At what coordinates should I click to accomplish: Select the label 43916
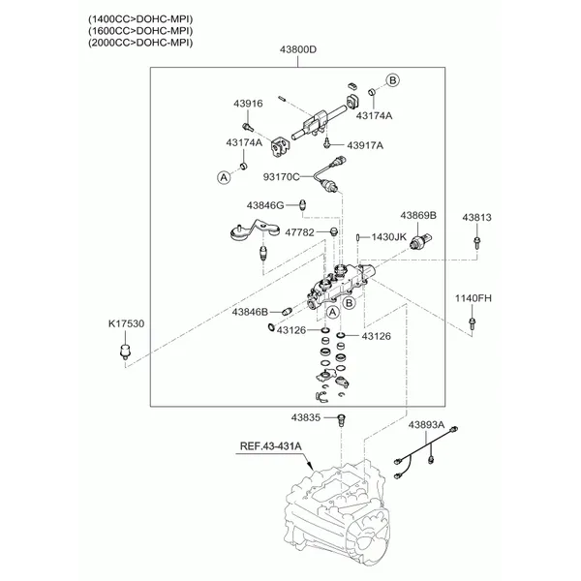click(247, 103)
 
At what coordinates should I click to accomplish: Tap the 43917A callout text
click(365, 145)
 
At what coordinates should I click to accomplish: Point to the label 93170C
click(282, 176)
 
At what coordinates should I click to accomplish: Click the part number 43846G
click(264, 205)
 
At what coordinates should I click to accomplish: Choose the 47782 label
click(299, 232)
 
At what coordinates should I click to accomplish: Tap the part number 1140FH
click(474, 297)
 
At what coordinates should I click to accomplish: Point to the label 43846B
click(249, 312)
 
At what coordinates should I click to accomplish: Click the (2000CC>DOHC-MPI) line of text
click(140, 43)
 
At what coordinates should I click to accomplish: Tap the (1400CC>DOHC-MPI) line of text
click(140, 19)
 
